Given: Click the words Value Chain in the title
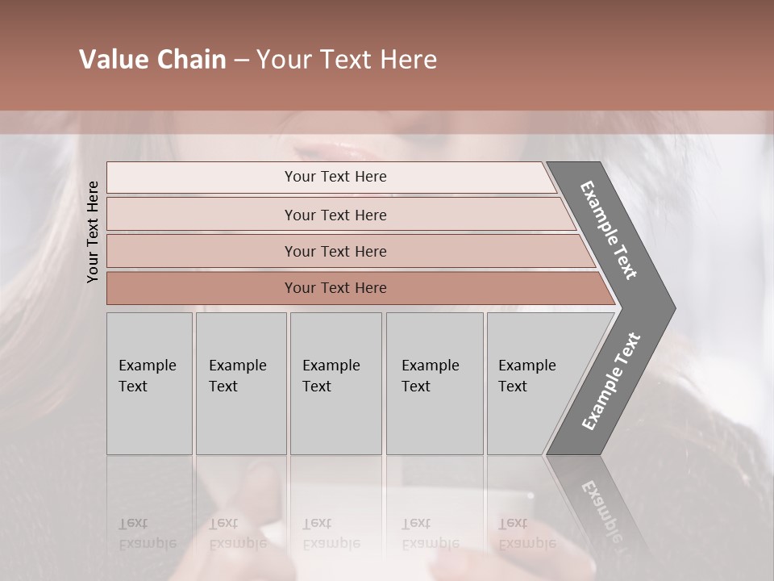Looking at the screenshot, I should pyautogui.click(x=152, y=60).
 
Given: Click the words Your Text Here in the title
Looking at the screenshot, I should pyautogui.click(x=347, y=60).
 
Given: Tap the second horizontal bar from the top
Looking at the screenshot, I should pyautogui.click(x=335, y=215).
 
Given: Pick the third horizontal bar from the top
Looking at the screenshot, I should pyautogui.click(x=335, y=251).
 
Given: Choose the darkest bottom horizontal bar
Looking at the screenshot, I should pyautogui.click(x=335, y=288).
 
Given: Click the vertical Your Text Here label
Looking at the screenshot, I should pyautogui.click(x=93, y=232).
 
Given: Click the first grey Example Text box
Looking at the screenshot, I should pyautogui.click(x=149, y=383).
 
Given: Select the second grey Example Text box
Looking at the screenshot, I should pyautogui.click(x=240, y=383).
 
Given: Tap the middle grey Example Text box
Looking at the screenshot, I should pyautogui.click(x=335, y=383).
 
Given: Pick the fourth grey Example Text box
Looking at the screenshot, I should pyautogui.click(x=434, y=383).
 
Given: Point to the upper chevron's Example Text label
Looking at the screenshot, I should pyautogui.click(x=609, y=230).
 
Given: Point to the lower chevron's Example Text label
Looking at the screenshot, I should pyautogui.click(x=610, y=382).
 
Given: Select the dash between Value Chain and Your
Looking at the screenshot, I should pyautogui.click(x=241, y=61).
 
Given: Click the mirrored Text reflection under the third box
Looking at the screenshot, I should pyautogui.click(x=317, y=524).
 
